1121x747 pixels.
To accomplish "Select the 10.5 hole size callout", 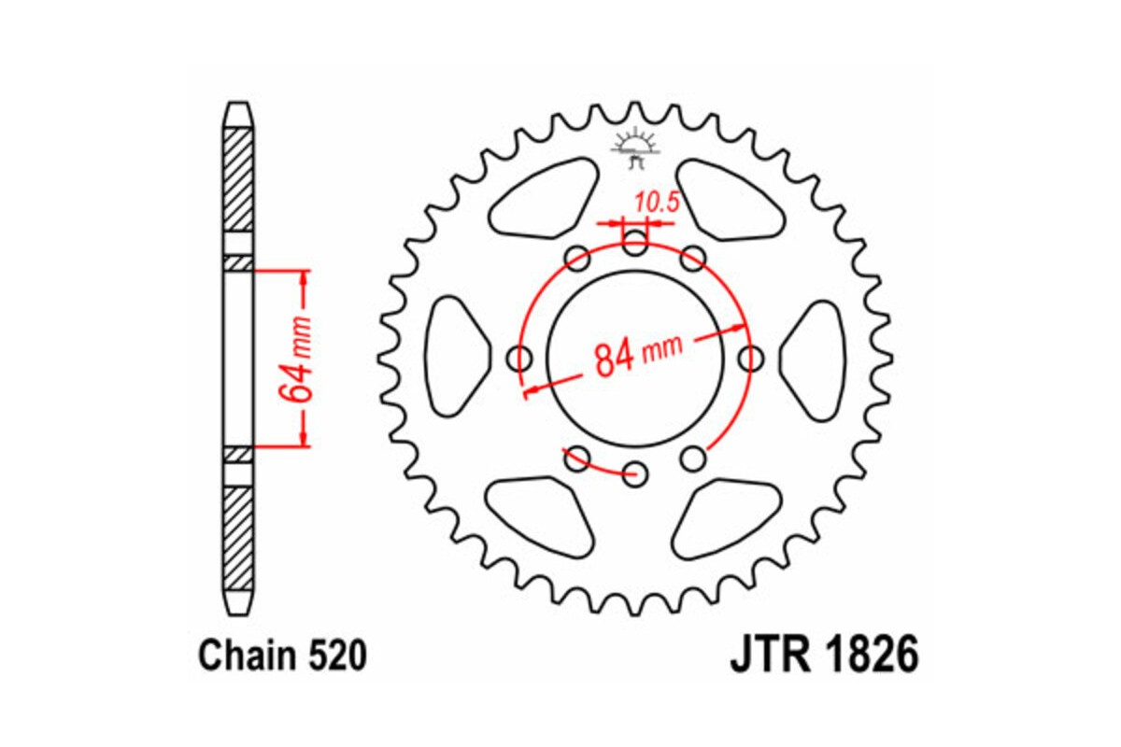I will (656, 204).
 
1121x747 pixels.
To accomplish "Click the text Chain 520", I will (281, 656).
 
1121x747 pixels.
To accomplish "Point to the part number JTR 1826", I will (823, 655).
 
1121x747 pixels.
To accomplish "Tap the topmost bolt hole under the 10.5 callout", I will (635, 246).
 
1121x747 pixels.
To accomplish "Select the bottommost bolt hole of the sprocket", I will (635, 472).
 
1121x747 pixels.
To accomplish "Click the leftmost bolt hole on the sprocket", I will (520, 359).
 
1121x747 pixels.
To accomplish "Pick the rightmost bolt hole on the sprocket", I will (750, 358).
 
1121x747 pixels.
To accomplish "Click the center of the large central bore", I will (635, 359).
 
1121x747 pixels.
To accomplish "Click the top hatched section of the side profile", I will (238, 177).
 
